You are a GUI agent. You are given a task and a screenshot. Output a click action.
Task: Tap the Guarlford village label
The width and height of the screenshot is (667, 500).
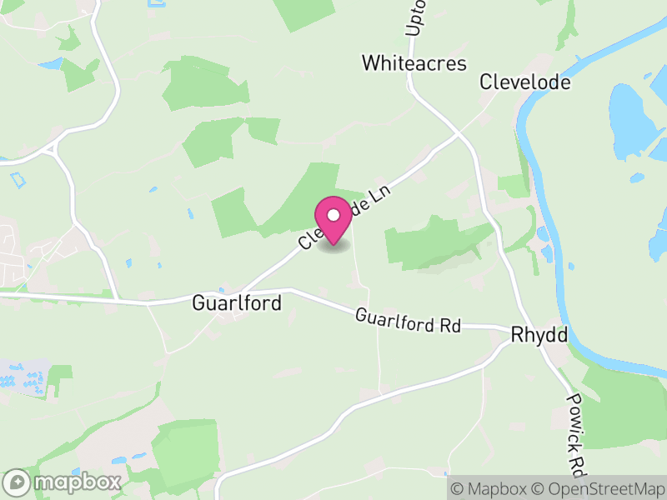(x=237, y=302)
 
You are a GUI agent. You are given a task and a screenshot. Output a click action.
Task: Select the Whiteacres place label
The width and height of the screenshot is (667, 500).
(x=414, y=63)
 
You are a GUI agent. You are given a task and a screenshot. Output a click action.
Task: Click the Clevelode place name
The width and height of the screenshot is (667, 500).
(x=524, y=82)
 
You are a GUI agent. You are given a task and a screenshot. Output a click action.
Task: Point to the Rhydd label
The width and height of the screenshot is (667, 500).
(x=539, y=335)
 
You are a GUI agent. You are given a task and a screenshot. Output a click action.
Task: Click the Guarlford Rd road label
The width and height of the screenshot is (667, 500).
(x=408, y=321)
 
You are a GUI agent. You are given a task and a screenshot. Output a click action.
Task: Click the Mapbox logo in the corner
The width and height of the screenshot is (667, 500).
(x=63, y=482)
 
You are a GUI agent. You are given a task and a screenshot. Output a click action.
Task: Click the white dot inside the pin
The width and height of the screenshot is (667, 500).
(x=333, y=215)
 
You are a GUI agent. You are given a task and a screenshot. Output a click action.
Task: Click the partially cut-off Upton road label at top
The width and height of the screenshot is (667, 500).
(x=416, y=17)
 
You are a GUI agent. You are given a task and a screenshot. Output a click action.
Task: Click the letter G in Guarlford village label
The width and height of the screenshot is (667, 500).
(x=198, y=302)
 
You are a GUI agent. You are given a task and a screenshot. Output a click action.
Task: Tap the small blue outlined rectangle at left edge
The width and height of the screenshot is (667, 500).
(x=18, y=177)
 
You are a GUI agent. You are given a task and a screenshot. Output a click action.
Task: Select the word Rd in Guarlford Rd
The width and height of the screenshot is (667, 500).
(x=449, y=326)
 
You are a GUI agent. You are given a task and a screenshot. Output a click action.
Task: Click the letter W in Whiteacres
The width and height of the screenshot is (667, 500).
(x=369, y=63)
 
